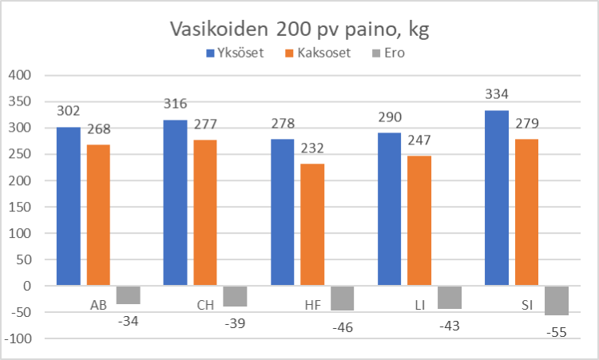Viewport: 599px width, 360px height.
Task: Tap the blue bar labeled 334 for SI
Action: [497, 197]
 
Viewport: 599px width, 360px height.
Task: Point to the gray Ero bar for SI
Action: [557, 300]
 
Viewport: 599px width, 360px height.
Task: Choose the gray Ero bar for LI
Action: [450, 297]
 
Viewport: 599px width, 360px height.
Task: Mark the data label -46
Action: [342, 326]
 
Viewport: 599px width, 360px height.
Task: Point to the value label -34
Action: [128, 320]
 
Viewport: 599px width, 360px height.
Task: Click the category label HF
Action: [313, 304]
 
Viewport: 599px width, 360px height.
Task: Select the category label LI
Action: [420, 304]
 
